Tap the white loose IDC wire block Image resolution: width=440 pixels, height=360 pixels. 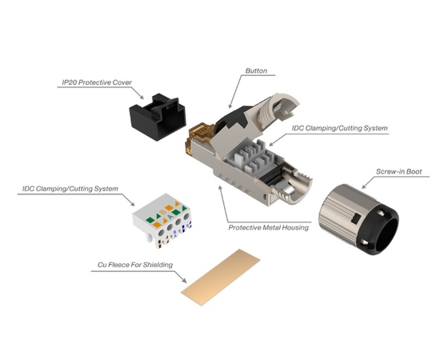click(164, 221)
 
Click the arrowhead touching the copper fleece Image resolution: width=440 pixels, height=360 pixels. click(186, 282)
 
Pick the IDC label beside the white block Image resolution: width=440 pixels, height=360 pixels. click(71, 190)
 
